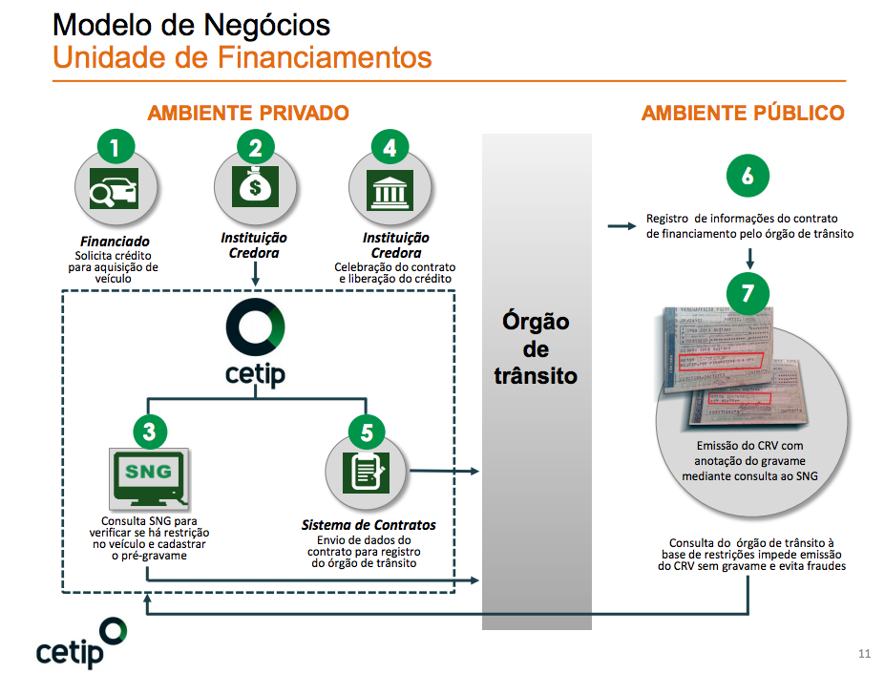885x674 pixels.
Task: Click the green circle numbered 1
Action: click(x=116, y=148)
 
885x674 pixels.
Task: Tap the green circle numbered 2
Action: click(x=255, y=148)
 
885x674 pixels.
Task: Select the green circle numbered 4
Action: click(x=390, y=148)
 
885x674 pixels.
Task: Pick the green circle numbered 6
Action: click(x=748, y=176)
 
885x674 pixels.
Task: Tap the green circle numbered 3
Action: click(x=149, y=432)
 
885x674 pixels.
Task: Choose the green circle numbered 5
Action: click(x=367, y=432)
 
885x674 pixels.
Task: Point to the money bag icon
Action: click(x=254, y=188)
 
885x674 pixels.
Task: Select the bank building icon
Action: click(x=390, y=191)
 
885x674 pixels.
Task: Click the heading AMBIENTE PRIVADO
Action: click(x=248, y=114)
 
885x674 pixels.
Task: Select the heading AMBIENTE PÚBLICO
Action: click(x=743, y=114)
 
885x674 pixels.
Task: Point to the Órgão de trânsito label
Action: click(x=536, y=348)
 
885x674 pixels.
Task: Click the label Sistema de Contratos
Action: click(x=369, y=525)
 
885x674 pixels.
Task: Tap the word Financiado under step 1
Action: click(x=115, y=242)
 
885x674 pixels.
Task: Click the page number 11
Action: click(x=865, y=654)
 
